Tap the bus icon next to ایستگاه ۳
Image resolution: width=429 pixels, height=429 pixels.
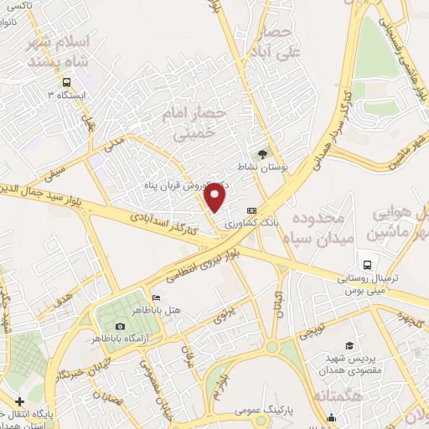[x=65, y=82]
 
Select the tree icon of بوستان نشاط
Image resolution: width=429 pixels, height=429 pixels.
[x=263, y=153]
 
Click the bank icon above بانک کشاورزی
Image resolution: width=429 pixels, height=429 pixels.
[x=251, y=210]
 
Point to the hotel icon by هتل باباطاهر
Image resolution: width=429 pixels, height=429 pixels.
[x=156, y=298]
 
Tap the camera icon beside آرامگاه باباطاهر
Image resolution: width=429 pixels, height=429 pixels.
[x=119, y=326]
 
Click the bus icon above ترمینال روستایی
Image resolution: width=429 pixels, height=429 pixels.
[x=365, y=262]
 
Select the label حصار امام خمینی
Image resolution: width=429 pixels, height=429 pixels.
[x=199, y=121]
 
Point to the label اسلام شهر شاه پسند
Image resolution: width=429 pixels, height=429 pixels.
[x=59, y=52]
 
